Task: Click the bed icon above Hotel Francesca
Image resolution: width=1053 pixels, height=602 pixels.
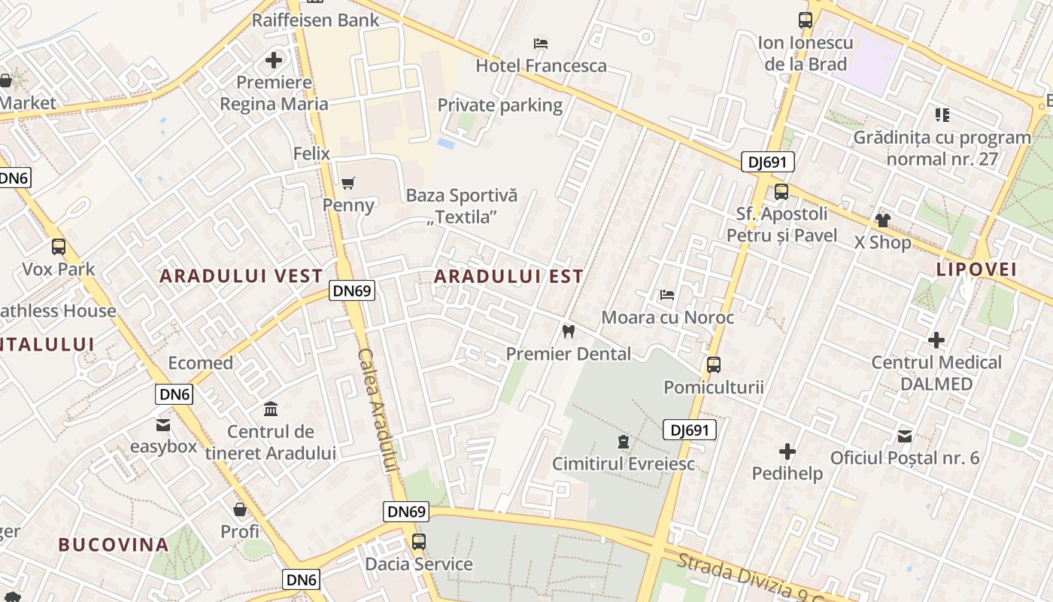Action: pos(540,44)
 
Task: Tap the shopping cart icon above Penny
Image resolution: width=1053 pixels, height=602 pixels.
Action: pos(347,183)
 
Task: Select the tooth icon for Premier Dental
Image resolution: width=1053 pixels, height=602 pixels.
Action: pos(569,331)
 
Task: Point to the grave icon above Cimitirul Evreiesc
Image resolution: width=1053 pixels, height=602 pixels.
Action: pos(623,441)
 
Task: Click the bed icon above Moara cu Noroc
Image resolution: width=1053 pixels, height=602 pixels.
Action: pos(666,295)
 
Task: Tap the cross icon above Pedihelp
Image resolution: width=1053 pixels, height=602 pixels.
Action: pos(787,451)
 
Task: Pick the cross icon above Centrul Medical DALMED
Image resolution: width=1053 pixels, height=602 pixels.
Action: pos(936,340)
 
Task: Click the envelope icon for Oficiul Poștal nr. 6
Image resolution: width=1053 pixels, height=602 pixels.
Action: pos(905,436)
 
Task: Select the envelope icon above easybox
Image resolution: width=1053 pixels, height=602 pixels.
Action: pos(163,424)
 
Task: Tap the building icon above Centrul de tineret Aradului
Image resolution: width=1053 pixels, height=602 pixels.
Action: pos(271,409)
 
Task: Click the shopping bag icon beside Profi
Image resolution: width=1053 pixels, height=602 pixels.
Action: pos(240,509)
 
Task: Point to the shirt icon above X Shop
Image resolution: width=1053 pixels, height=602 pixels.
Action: pos(882,220)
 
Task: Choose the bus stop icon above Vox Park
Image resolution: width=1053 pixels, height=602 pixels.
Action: pos(59,246)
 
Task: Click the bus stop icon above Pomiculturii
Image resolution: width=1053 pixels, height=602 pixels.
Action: pos(714,365)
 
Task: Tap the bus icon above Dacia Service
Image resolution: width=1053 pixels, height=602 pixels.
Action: pos(419,541)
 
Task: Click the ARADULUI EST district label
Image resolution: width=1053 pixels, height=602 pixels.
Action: pos(508,277)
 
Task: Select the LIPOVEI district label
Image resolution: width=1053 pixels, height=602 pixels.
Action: pos(976,269)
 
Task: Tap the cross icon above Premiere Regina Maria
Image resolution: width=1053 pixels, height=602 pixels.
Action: pos(274,60)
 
